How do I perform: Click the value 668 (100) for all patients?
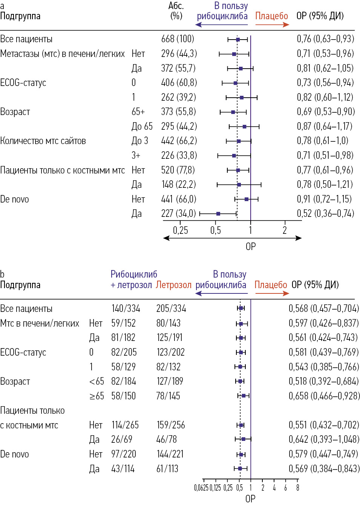pyautogui.click(x=178, y=39)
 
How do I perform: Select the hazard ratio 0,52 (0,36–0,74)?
pyautogui.click(x=325, y=213)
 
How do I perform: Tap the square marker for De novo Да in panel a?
pyautogui.click(x=218, y=214)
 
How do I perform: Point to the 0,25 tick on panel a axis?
pyautogui.click(x=180, y=230)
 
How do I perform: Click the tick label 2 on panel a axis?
pyautogui.click(x=285, y=230)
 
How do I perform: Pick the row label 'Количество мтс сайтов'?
pyautogui.click(x=43, y=141)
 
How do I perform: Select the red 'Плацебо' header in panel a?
pyautogui.click(x=271, y=16)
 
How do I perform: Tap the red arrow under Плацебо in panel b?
pyautogui.click(x=271, y=293)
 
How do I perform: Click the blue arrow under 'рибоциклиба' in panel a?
pyautogui.click(x=222, y=25)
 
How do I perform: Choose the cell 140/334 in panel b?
pyautogui.click(x=126, y=309)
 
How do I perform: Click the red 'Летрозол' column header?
pyautogui.click(x=173, y=285)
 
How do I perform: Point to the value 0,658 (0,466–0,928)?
pyautogui.click(x=324, y=396)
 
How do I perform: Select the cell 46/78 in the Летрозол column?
pyautogui.click(x=166, y=439)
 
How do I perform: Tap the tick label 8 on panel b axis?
pyautogui.click(x=297, y=488)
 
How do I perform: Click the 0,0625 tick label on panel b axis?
pyautogui.click(x=201, y=488)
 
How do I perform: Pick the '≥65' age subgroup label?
pyautogui.click(x=97, y=396)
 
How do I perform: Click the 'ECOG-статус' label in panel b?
pyautogui.click(x=23, y=352)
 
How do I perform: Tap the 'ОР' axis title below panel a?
pyautogui.click(x=251, y=246)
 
